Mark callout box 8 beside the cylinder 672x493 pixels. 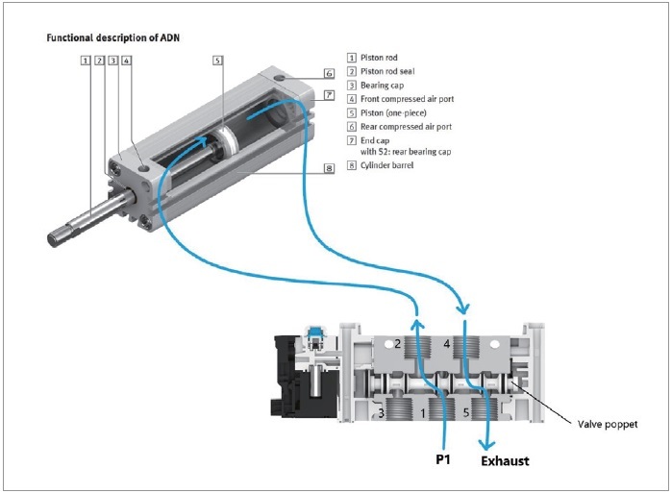[x=328, y=167]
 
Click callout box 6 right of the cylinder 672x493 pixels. [x=328, y=73]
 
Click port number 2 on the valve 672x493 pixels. [x=397, y=342]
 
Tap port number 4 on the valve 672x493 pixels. [x=447, y=342]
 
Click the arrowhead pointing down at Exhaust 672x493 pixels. [x=489, y=444]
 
